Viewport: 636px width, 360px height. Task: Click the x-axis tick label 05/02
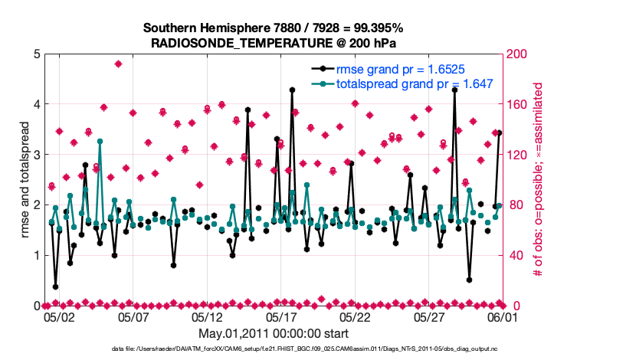pos(60,316)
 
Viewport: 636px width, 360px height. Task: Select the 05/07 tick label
pos(134,316)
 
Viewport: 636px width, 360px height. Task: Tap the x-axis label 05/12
pos(208,316)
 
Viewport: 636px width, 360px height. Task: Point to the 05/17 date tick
pos(282,316)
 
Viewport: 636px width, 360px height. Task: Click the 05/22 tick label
pos(356,316)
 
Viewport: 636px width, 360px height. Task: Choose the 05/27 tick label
pos(430,316)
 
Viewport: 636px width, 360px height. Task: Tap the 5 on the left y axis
pos(37,54)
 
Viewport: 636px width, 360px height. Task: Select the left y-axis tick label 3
pos(37,155)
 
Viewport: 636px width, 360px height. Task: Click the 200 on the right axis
pos(516,54)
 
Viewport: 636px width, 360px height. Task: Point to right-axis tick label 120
pos(516,155)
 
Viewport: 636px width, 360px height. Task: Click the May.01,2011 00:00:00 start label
pos(274,333)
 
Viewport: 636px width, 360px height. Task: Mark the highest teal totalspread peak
pos(100,142)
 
